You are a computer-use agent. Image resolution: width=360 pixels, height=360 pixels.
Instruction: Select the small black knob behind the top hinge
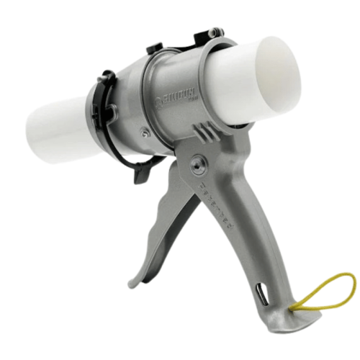click(x=155, y=48)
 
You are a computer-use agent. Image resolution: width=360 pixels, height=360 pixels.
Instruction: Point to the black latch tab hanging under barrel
click(x=140, y=169)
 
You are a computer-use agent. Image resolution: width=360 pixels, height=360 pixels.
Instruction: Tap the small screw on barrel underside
click(x=146, y=132)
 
